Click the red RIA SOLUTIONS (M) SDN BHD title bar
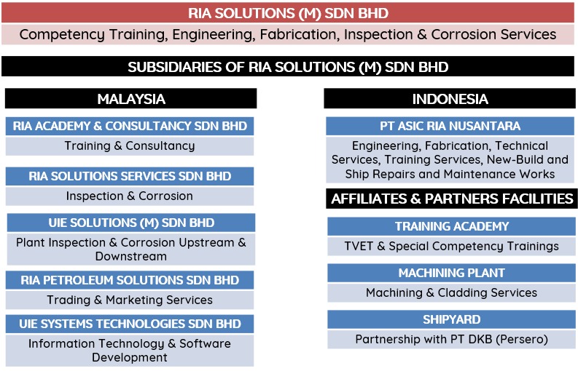tap(288, 13)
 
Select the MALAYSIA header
tap(131, 99)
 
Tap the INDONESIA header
tap(450, 99)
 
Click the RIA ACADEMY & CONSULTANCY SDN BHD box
tap(130, 127)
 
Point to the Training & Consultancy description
tap(130, 145)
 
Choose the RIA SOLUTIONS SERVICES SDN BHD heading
tap(130, 176)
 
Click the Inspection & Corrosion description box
tap(130, 196)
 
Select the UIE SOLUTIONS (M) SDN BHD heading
tap(131, 223)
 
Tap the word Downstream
tap(131, 256)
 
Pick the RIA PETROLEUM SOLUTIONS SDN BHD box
tap(130, 280)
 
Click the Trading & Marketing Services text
tap(130, 300)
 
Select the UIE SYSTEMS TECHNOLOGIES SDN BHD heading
tap(130, 324)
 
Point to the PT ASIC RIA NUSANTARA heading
tap(450, 127)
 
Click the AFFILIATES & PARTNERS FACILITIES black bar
tap(452, 199)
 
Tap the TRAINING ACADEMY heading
tap(452, 226)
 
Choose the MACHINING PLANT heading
tap(452, 273)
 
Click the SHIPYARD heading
tap(452, 319)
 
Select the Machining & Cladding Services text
tap(452, 292)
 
